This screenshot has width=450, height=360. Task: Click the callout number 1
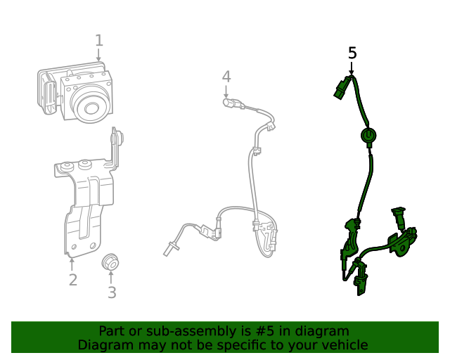pos(99,41)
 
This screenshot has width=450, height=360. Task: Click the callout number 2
pos(72,281)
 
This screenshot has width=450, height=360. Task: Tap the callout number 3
pos(112,292)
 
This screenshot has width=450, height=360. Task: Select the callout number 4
pos(226,76)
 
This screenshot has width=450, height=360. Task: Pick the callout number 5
pos(352,53)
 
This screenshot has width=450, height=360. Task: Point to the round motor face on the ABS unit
pos(91,107)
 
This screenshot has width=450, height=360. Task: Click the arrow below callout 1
pos(99,56)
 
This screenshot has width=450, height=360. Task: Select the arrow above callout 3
pos(111,277)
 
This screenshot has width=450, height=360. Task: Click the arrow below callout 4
pos(226,91)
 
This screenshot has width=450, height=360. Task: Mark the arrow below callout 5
pos(352,68)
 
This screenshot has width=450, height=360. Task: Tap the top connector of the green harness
pos(342,87)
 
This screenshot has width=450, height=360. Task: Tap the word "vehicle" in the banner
pos(343,345)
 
